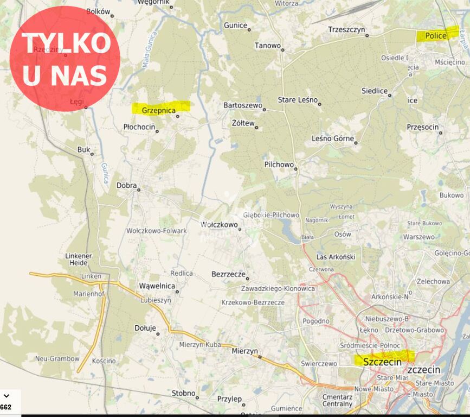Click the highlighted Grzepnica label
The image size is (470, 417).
[x=159, y=110]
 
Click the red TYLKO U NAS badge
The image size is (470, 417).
[x=65, y=59]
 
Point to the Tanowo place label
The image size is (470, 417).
[x=268, y=46]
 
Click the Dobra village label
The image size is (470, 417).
[x=126, y=185]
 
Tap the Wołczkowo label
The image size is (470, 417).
[x=219, y=224]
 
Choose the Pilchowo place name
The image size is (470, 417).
[x=279, y=164]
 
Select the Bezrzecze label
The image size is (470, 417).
[x=228, y=275]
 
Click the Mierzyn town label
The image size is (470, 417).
[x=244, y=351]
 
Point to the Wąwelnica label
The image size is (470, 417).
[x=157, y=286]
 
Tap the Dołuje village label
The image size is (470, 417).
[x=145, y=328]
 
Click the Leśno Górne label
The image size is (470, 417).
[x=332, y=138]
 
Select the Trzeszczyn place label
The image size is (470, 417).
[x=346, y=29]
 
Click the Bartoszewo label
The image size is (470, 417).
[x=242, y=105]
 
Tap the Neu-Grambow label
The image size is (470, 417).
[x=57, y=359]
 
